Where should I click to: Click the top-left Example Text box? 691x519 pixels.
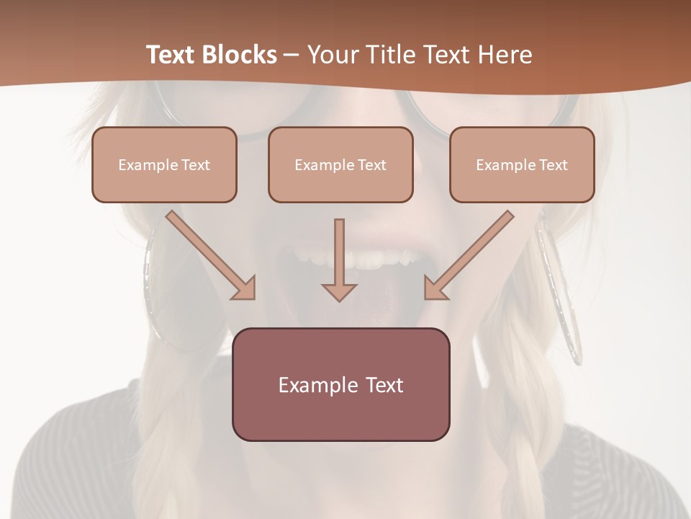pyautogui.click(x=164, y=164)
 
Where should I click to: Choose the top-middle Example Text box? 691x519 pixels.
pyautogui.click(x=340, y=164)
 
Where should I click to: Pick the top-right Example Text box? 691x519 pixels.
pyautogui.click(x=522, y=164)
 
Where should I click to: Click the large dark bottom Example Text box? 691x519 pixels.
pyautogui.click(x=340, y=384)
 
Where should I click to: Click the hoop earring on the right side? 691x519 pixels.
pyautogui.click(x=559, y=288)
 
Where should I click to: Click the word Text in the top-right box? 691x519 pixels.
pyautogui.click(x=553, y=165)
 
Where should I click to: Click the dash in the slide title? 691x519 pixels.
pyautogui.click(x=292, y=56)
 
